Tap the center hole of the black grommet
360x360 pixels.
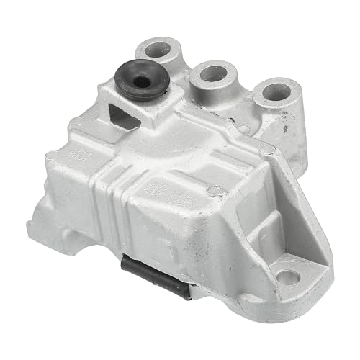coord(142,81)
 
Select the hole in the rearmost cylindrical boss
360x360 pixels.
coord(158,50)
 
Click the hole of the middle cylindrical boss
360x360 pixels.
coord(214,73)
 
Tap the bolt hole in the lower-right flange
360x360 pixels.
coord(288,276)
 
